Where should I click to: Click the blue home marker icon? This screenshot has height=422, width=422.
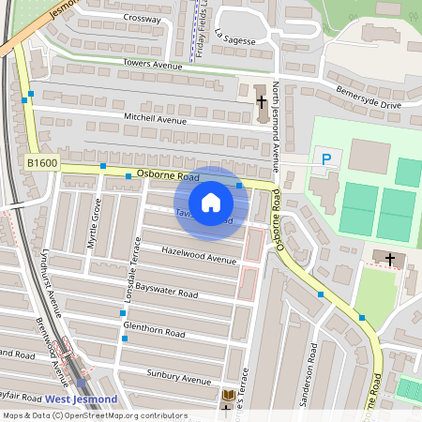pos(211,202)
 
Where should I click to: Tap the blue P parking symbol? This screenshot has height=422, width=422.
pos(325,160)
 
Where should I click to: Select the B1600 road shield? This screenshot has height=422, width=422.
pos(42,163)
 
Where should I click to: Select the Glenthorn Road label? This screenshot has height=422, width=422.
pos(154,331)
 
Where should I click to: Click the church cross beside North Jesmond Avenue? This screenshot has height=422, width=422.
pos(262,100)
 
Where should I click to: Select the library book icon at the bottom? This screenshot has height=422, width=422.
pos(228,398)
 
